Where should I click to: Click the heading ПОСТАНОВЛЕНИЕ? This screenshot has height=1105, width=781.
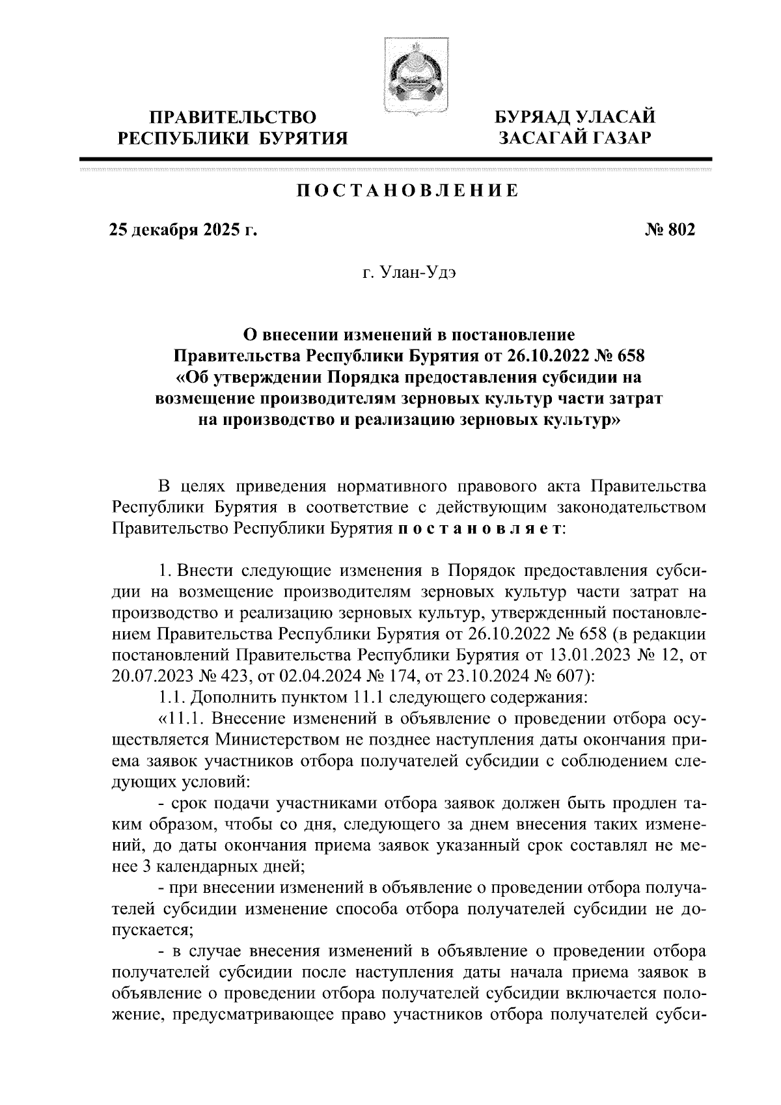coord(407,191)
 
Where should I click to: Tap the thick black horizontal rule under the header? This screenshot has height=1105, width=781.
coord(396,158)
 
